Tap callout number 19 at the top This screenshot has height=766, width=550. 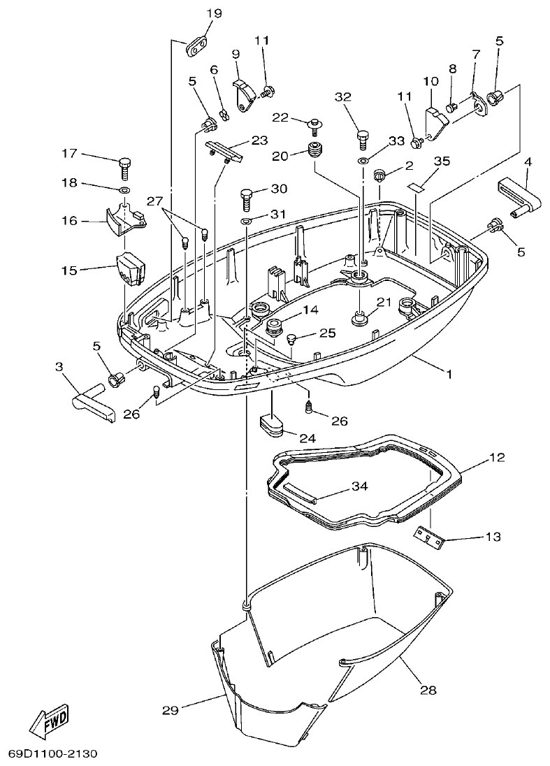(214, 13)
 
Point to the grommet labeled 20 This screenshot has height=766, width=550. (317, 150)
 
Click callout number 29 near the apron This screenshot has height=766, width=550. (171, 710)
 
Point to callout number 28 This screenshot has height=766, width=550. (428, 690)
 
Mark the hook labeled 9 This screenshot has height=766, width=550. (241, 93)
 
